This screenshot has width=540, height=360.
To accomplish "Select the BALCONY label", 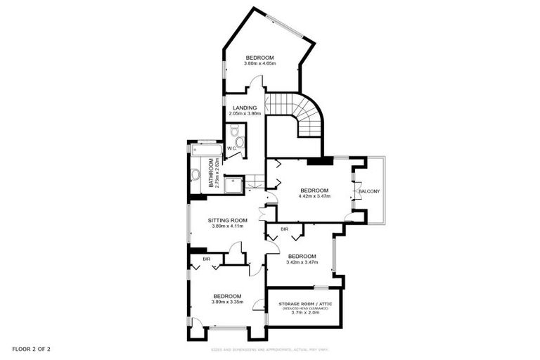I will point(369,191).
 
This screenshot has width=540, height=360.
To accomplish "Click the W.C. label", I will point(231,148).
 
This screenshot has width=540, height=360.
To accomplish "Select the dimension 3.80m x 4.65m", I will point(259,64).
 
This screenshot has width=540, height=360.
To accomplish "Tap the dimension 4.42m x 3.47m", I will point(314,196).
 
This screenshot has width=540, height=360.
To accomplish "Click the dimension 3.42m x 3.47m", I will point(302,262).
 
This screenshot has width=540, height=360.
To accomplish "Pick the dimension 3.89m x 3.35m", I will point(227,302).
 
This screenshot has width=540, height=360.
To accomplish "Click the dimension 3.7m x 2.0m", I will point(305,313).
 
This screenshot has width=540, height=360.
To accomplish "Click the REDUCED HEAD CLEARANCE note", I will point(305,308).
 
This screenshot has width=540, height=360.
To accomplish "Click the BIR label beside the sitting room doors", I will point(284,230).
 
